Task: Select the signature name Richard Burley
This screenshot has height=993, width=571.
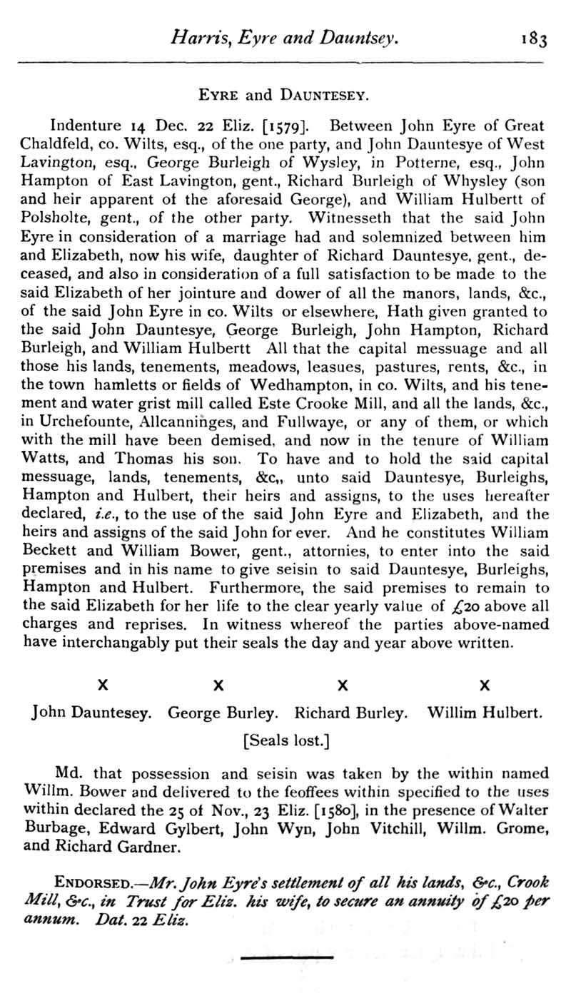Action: pos(351,711)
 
